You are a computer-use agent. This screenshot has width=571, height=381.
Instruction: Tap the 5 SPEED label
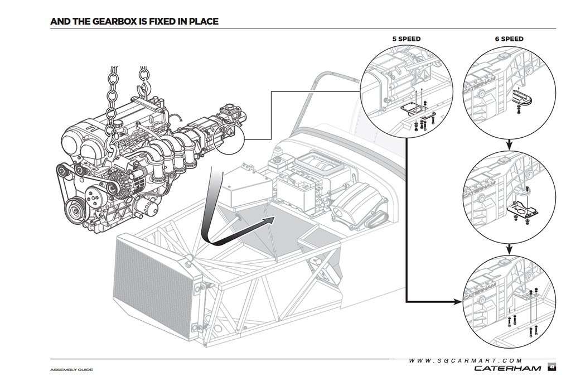tap(407, 39)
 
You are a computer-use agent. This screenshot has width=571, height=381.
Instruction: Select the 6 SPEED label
tap(509, 39)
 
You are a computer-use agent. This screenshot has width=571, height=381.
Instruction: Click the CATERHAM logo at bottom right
tap(507, 368)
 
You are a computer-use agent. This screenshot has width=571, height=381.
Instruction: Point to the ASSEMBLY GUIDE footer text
tap(71, 370)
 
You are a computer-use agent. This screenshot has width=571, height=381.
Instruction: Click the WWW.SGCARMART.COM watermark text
tap(466, 360)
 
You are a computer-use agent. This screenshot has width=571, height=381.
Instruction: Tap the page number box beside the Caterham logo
tap(551, 368)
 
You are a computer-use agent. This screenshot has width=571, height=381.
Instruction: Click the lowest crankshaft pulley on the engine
tap(77, 210)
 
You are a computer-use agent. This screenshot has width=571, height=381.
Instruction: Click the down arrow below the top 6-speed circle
tap(509, 144)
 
